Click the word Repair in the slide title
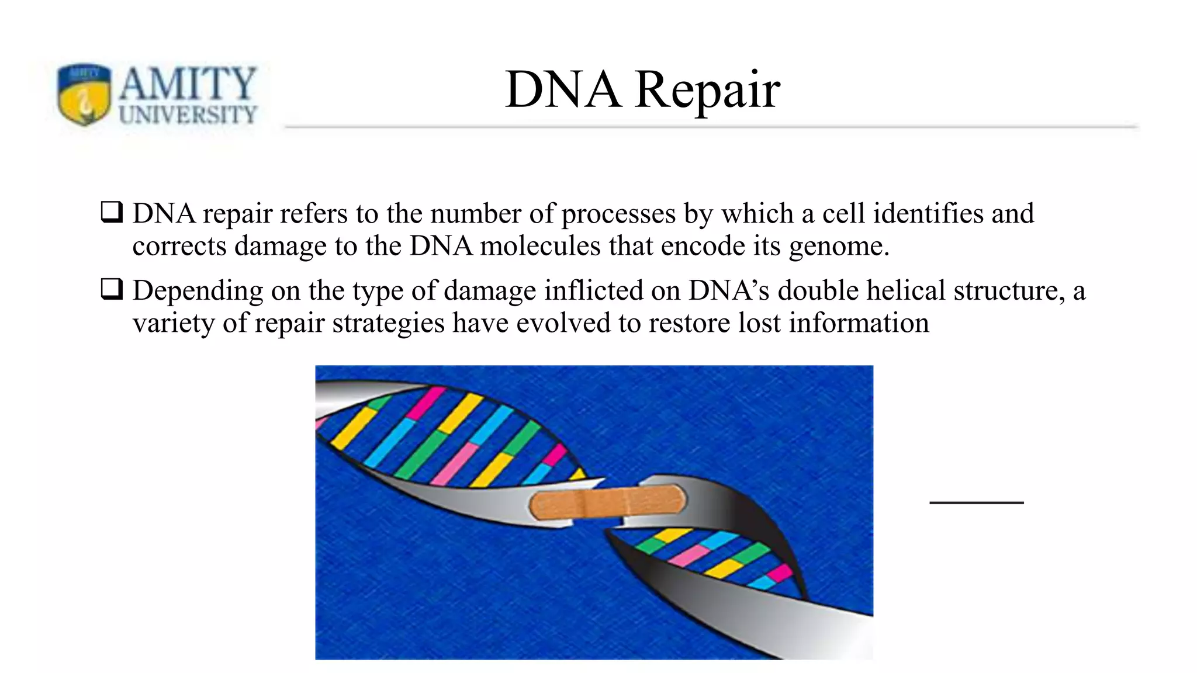[707, 91]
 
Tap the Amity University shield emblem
[84, 94]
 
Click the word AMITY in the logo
[187, 84]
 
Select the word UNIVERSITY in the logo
[188, 115]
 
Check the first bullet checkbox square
[111, 212]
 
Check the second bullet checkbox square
[111, 289]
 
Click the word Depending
[198, 291]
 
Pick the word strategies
[388, 323]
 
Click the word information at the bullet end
[859, 323]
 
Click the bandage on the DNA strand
[608, 502]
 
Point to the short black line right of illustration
[976, 502]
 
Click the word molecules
[540, 246]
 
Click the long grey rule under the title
[710, 127]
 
